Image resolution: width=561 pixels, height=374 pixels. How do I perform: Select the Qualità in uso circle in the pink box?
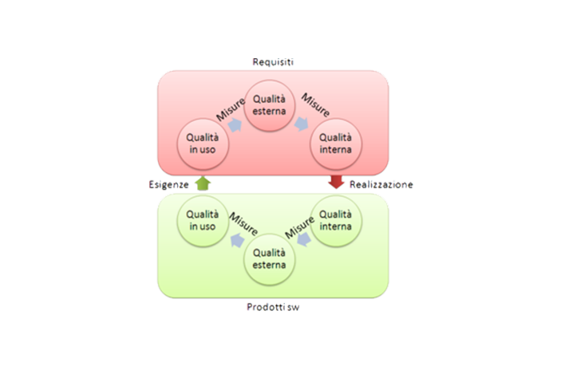[x=202, y=141]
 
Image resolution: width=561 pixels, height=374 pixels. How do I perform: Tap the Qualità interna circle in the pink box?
[x=335, y=141]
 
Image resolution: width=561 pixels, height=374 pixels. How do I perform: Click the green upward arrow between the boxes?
[x=203, y=183]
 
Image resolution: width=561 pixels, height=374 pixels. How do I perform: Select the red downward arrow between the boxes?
[x=336, y=183]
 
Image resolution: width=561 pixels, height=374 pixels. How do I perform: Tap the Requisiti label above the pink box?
[x=270, y=62]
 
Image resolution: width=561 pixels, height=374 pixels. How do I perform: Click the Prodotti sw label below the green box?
[x=269, y=305]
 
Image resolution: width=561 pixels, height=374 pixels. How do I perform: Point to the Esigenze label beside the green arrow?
[x=170, y=184]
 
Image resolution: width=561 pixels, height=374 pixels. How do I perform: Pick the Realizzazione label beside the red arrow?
[x=380, y=184]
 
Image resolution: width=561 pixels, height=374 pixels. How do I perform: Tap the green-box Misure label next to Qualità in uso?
[x=243, y=222]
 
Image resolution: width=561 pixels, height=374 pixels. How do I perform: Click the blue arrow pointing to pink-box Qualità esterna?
[x=235, y=124]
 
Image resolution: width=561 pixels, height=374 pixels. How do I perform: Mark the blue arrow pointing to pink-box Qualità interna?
[x=302, y=124]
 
